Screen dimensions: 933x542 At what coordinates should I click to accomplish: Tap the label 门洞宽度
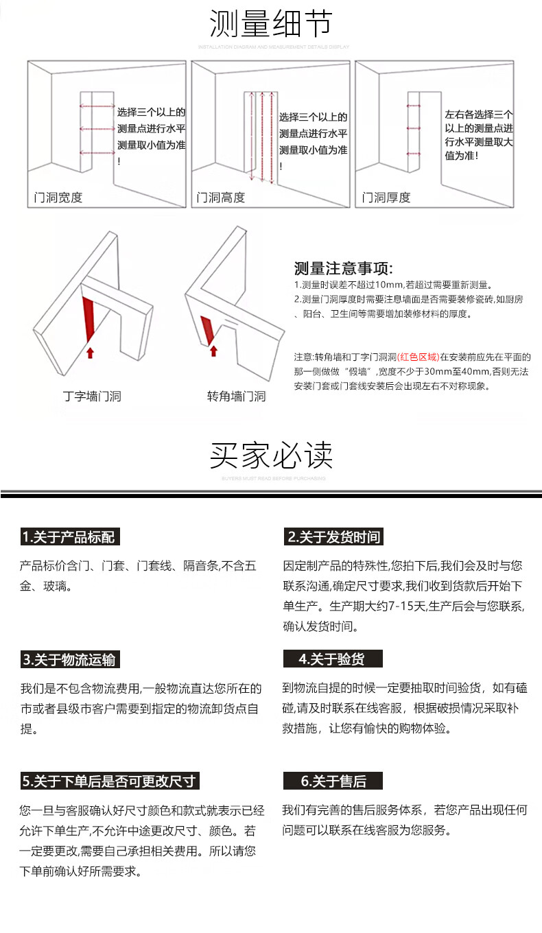[58, 198]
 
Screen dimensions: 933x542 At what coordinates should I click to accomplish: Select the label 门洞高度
[221, 198]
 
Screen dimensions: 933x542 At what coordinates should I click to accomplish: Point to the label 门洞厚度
[386, 198]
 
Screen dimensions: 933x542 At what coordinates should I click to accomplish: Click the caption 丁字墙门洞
[91, 397]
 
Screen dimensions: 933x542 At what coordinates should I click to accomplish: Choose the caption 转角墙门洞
[236, 397]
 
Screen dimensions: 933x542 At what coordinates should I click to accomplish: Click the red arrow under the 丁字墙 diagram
[90, 353]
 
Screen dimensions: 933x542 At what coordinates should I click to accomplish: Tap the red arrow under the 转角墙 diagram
[213, 351]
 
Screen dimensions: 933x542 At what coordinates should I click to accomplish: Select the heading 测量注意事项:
[343, 268]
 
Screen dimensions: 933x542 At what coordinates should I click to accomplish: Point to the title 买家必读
[271, 455]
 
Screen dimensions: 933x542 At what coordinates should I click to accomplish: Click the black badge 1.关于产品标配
[69, 537]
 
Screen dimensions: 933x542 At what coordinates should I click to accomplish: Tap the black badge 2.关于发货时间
[333, 537]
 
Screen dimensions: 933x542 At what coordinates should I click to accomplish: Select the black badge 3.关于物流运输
[69, 660]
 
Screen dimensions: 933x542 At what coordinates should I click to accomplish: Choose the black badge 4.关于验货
[332, 660]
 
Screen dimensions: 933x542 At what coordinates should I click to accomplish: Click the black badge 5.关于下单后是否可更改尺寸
[110, 781]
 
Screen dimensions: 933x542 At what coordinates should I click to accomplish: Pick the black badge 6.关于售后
[333, 781]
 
